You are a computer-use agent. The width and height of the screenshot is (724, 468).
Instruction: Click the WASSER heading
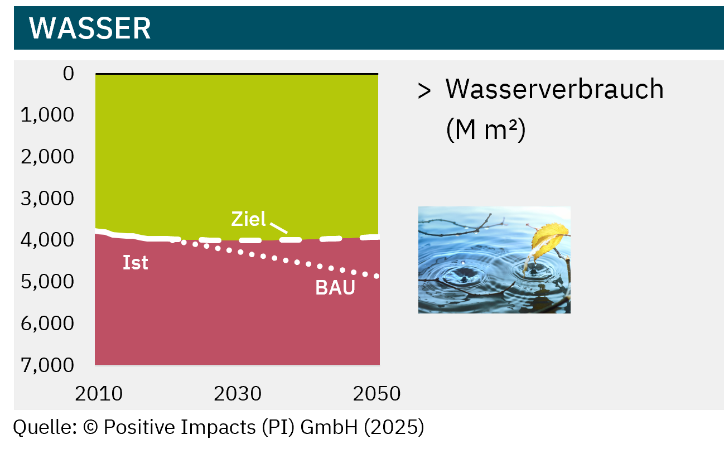tap(90, 28)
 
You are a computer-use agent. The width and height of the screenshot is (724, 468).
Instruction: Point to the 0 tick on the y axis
tap(69, 74)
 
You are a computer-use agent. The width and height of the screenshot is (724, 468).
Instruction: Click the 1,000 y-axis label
tap(47, 115)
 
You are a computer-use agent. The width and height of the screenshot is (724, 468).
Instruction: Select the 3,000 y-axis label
tap(47, 198)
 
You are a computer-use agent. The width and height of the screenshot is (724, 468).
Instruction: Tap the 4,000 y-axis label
tap(47, 240)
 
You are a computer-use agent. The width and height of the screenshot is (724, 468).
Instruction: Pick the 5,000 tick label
tap(47, 282)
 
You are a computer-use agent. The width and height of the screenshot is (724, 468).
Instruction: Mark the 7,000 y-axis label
tap(47, 365)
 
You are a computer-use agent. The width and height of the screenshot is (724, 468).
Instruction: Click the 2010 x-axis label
tap(99, 394)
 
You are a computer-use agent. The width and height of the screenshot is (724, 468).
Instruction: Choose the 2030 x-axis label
tap(238, 394)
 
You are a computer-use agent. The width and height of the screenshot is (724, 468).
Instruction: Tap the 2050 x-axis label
tap(377, 394)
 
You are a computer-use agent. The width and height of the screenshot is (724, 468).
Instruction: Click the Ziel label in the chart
tap(248, 219)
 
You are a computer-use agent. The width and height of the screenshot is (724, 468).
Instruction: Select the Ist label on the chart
tap(136, 262)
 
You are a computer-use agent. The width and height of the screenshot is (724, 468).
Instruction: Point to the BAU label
tap(335, 287)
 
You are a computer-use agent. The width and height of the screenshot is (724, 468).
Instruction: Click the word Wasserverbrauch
tap(554, 89)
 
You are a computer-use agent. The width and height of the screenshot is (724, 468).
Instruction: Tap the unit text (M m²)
tap(486, 129)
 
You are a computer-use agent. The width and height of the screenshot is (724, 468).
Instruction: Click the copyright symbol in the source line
tap(90, 427)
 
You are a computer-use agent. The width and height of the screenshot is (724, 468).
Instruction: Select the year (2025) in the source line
tap(394, 427)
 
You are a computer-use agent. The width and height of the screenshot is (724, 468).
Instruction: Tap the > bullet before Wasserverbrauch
tap(424, 90)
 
